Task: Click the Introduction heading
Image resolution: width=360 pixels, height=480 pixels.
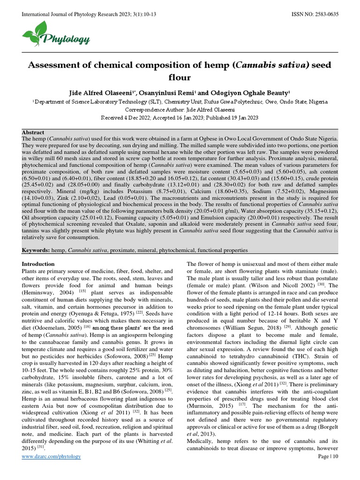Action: click(x=38, y=264)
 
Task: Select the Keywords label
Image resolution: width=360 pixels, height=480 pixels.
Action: click(x=36, y=251)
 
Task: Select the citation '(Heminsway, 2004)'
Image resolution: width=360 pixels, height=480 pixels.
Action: click(x=49, y=292)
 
